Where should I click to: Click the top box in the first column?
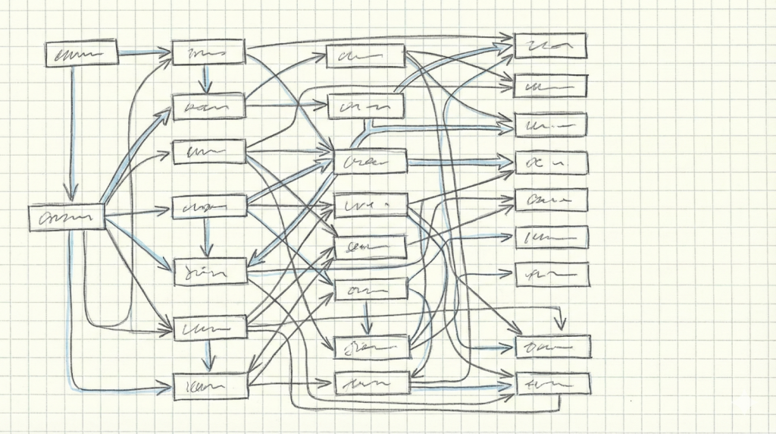pos(81,54)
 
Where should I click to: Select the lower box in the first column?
pos(67,218)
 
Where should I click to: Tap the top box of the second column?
pos(208,52)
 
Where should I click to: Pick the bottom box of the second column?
pos(211,386)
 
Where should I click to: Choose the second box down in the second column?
pos(208,107)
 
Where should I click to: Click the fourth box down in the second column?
pos(210,206)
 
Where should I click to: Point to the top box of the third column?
pos(365,55)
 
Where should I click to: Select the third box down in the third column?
pos(371,162)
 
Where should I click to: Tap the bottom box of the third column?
pos(371,383)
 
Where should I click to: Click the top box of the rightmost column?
pos(549,46)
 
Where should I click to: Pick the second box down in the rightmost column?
pos(550,86)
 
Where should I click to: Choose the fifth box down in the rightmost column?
pos(551,200)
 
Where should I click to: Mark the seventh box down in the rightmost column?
pos(552,274)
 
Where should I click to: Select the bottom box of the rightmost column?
pos(552,383)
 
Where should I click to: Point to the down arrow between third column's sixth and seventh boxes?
pos(367,318)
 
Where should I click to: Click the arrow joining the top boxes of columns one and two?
pos(144,52)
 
